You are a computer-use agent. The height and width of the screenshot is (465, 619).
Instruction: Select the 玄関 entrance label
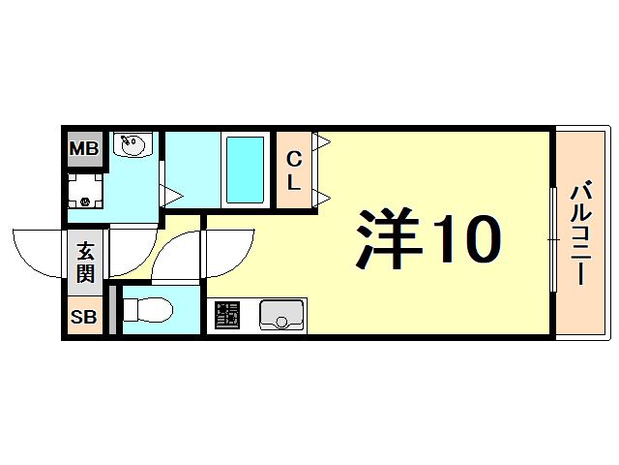click(x=85, y=260)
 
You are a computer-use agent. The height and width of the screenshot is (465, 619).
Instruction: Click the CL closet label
click(x=294, y=170)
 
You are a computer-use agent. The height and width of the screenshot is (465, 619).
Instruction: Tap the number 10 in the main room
click(x=466, y=239)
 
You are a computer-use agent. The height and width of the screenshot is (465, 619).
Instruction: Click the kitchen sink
click(x=281, y=315)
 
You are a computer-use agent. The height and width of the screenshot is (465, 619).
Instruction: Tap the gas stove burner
click(x=227, y=315)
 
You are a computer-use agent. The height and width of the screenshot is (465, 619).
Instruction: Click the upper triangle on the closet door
click(x=323, y=142)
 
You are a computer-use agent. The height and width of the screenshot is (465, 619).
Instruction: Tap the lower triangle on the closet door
click(x=323, y=198)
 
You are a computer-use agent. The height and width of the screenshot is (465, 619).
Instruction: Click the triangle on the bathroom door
click(x=170, y=197)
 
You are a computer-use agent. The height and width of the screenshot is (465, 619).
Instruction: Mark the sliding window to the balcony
click(x=552, y=237)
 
